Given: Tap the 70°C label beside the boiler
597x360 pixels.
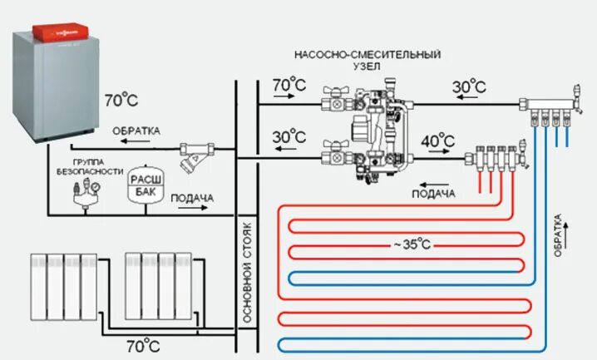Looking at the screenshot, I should point(121,101).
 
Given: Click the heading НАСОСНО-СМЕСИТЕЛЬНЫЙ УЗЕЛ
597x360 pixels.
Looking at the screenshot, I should point(367,62).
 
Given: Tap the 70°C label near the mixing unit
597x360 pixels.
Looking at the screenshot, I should point(289,85).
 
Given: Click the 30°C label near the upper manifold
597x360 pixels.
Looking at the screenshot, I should point(469,86).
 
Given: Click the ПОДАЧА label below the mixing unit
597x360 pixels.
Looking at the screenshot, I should point(434,194).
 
